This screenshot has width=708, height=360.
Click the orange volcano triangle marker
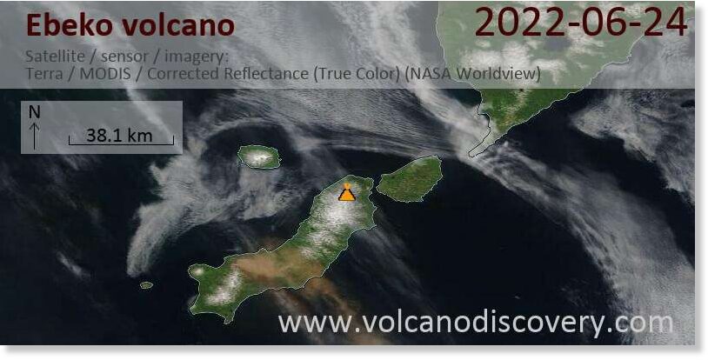347,194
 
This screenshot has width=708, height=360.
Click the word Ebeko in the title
69,25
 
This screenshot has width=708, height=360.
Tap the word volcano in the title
178,25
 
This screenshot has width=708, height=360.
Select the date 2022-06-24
582,23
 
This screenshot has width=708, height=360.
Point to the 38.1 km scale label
119,136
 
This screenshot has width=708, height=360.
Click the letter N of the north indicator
35,112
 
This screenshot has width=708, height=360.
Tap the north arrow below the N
35,136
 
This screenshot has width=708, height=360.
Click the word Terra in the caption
44,74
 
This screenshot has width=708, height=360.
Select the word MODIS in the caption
105,74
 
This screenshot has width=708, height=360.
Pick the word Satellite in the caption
55,57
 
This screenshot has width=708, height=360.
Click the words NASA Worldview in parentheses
473,74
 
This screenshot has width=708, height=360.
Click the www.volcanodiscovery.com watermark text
476,323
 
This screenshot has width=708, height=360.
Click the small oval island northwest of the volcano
258,157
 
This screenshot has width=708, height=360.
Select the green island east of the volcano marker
410,179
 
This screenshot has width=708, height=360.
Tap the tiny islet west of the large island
146,285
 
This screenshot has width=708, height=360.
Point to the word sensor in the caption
124,57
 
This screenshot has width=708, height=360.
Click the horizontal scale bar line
121,144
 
